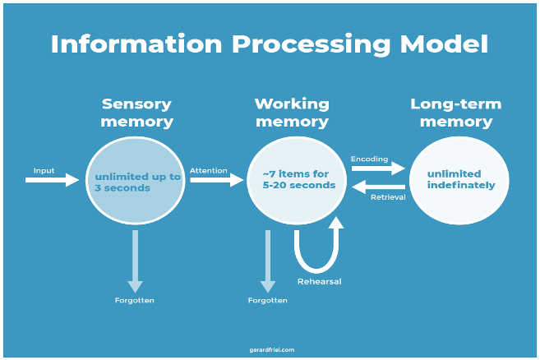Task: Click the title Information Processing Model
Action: (x=269, y=44)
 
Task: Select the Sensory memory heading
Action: (x=136, y=113)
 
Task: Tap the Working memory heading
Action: (x=292, y=113)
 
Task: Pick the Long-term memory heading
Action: (x=455, y=113)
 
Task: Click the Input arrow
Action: (x=51, y=179)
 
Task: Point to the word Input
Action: (x=44, y=170)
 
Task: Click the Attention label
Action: (x=209, y=170)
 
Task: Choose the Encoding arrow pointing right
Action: (x=378, y=168)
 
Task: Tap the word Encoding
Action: (x=370, y=158)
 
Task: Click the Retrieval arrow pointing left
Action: (x=379, y=187)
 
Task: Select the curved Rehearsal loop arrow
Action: (x=316, y=251)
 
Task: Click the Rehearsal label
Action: (x=319, y=281)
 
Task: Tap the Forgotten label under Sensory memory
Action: (x=135, y=300)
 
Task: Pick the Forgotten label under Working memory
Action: (x=268, y=300)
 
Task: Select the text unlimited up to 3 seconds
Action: (x=136, y=182)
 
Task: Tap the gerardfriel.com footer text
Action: (x=270, y=349)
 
